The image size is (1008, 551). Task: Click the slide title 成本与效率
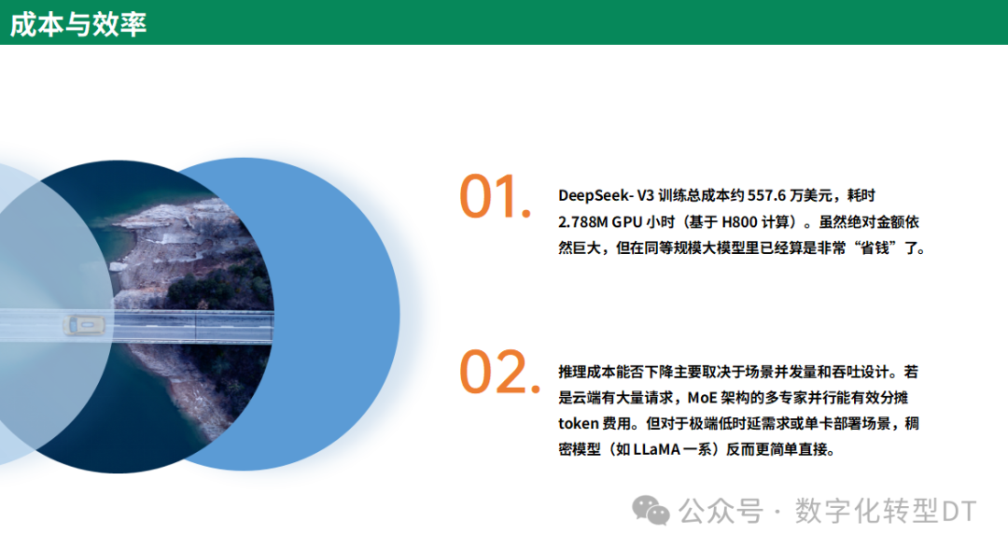78,23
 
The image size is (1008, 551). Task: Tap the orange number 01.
495,198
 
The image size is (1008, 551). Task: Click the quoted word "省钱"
878,249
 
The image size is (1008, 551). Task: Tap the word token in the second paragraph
579,423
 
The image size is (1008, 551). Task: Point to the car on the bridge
83,325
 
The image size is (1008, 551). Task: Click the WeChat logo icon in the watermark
651,510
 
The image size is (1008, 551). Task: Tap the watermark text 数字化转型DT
885,511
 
